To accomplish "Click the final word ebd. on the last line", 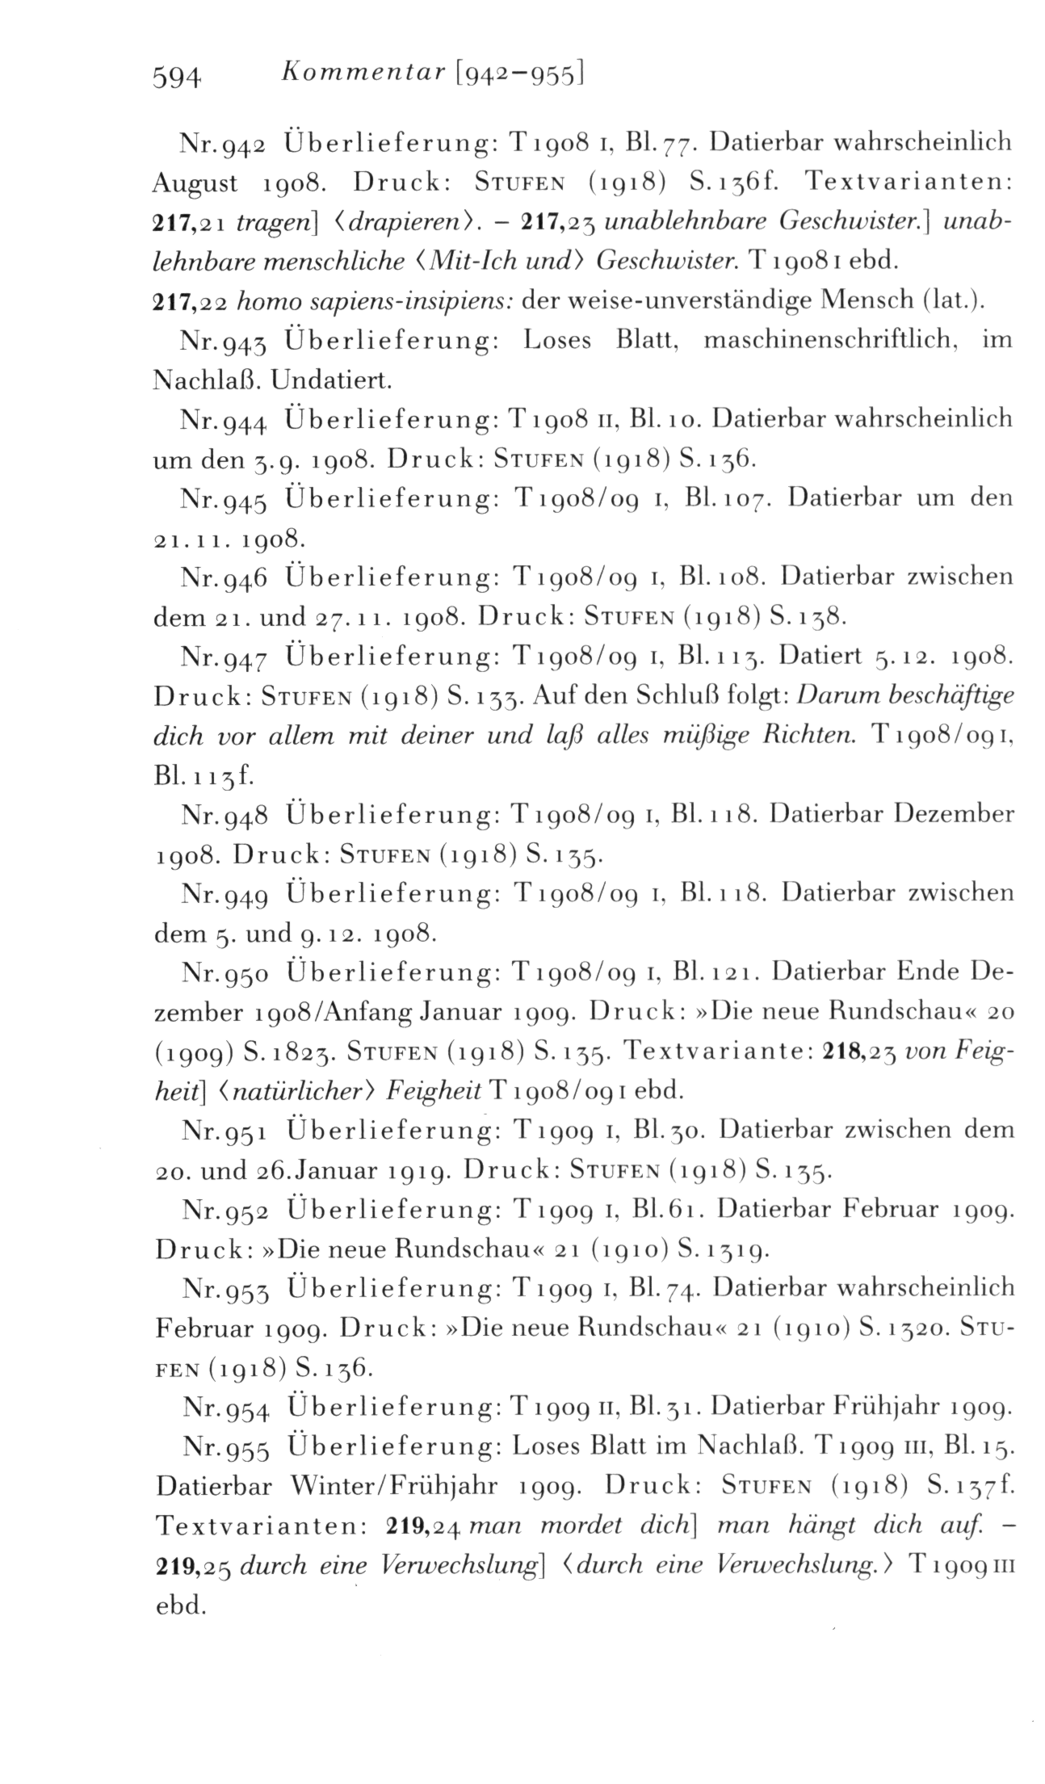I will click(180, 1605).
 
